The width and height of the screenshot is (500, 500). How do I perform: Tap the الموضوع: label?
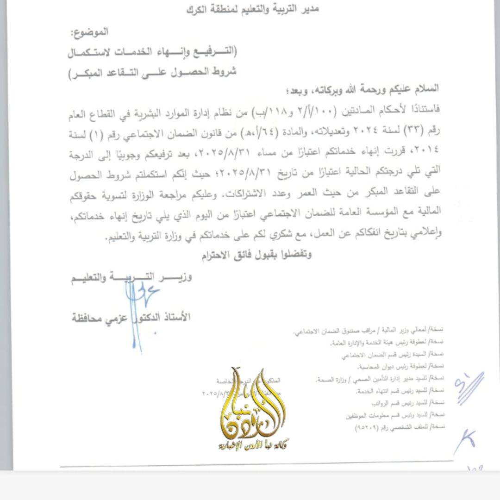point(89,33)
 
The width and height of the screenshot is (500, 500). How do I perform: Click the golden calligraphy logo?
point(252,407)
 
